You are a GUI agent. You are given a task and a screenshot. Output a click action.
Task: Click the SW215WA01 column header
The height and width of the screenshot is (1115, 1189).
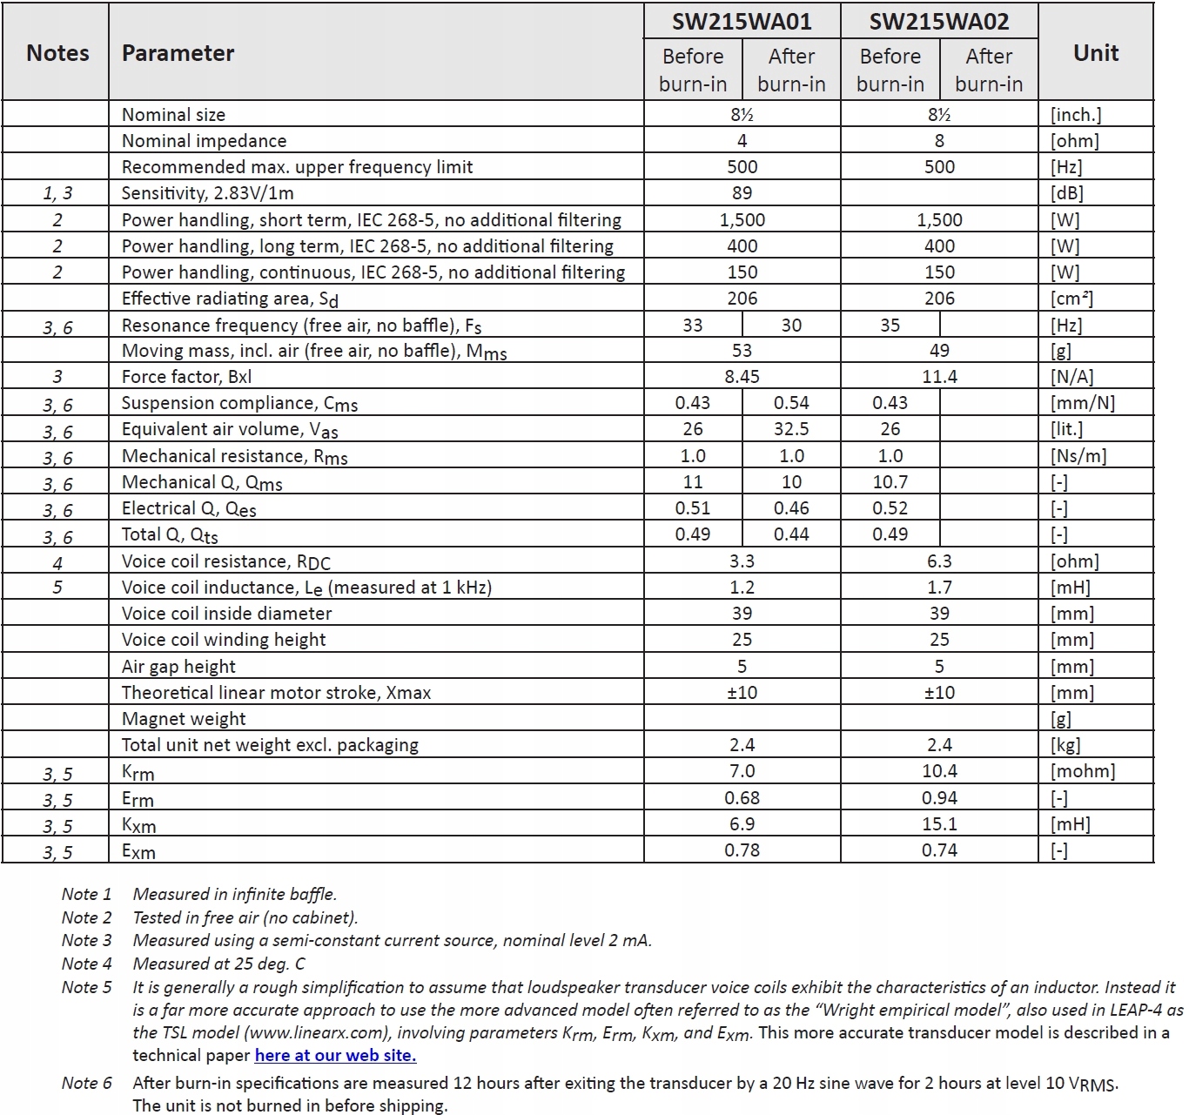pyautogui.click(x=742, y=22)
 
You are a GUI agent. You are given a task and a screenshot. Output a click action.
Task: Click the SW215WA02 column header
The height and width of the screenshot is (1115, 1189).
pyautogui.click(x=939, y=22)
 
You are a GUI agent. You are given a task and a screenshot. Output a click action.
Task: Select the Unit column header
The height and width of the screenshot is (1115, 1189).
pyautogui.click(x=1096, y=53)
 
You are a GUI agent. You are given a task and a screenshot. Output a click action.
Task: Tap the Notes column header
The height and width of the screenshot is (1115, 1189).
pyautogui.click(x=57, y=53)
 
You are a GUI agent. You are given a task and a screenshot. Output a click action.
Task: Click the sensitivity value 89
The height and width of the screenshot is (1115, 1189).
pyautogui.click(x=742, y=193)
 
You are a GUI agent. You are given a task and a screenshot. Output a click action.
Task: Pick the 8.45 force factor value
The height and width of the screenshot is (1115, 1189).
pyautogui.click(x=742, y=377)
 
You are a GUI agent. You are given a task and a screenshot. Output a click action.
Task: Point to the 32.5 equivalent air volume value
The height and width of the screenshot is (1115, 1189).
pyautogui.click(x=791, y=429)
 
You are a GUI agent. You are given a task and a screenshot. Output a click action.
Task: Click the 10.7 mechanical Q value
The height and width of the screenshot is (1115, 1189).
pyautogui.click(x=890, y=482)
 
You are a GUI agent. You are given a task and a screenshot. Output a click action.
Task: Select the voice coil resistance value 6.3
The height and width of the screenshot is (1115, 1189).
pyautogui.click(x=939, y=561)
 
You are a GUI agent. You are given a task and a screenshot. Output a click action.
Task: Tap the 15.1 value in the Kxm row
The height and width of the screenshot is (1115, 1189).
pyautogui.click(x=939, y=824)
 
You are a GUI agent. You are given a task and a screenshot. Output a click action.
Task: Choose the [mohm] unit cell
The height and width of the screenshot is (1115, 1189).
pyautogui.click(x=1082, y=771)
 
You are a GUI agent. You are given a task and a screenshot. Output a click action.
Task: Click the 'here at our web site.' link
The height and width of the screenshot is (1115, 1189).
pyautogui.click(x=335, y=1056)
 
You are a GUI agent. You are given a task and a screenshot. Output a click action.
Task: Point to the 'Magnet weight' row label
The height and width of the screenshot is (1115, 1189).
pyautogui.click(x=184, y=719)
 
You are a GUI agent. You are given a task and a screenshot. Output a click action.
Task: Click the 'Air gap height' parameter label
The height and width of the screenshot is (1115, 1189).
pyautogui.click(x=178, y=667)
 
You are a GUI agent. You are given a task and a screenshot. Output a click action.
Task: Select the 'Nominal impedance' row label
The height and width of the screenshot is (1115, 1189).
pyautogui.click(x=204, y=141)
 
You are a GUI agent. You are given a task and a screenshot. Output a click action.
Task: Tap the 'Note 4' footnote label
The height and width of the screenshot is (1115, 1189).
pyautogui.click(x=86, y=964)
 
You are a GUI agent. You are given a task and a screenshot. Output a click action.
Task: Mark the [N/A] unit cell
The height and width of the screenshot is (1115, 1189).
pyautogui.click(x=1072, y=377)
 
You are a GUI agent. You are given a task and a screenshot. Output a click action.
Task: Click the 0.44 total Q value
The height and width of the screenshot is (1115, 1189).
pyautogui.click(x=791, y=534)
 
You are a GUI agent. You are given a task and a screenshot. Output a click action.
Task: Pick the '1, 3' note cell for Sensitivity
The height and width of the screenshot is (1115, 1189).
pyautogui.click(x=57, y=193)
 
